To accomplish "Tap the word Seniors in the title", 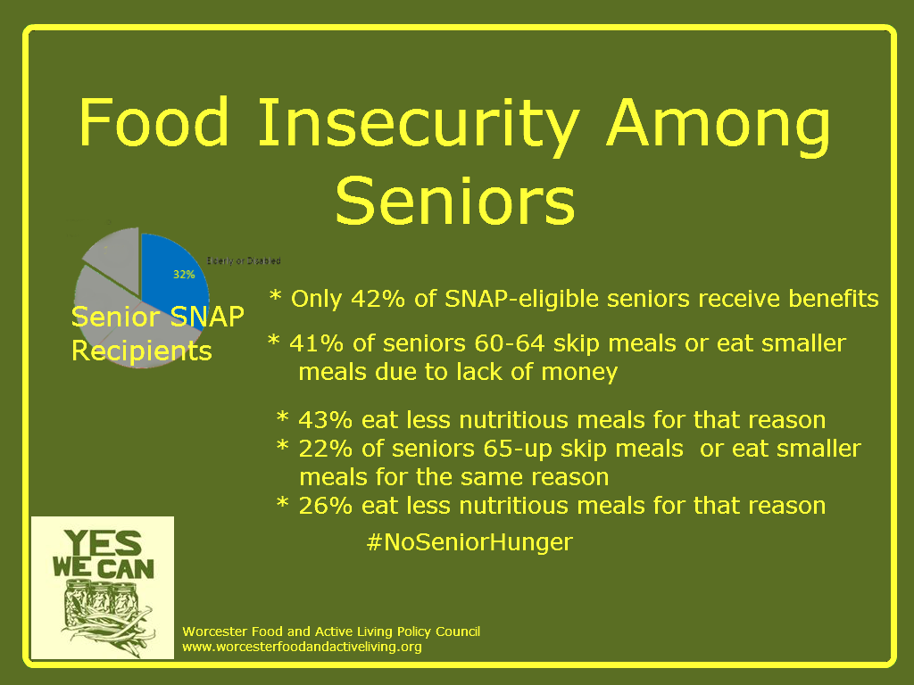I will coord(455,201).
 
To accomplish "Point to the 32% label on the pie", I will coord(184,275).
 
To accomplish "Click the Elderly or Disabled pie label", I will coord(244,260).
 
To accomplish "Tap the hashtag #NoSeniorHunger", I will coord(469,541).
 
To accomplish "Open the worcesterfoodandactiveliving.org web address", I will coord(302,646).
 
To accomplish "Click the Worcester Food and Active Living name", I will coord(330,631).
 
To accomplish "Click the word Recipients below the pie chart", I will coord(142,351).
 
